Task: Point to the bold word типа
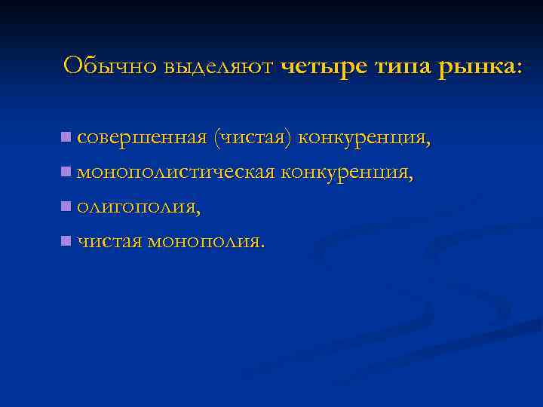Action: coord(400,66)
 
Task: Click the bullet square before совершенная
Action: coord(66,137)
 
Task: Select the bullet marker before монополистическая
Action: coord(66,172)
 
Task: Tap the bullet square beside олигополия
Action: coord(66,206)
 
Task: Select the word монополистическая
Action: coord(175,173)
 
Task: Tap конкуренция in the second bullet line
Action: coord(346,173)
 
